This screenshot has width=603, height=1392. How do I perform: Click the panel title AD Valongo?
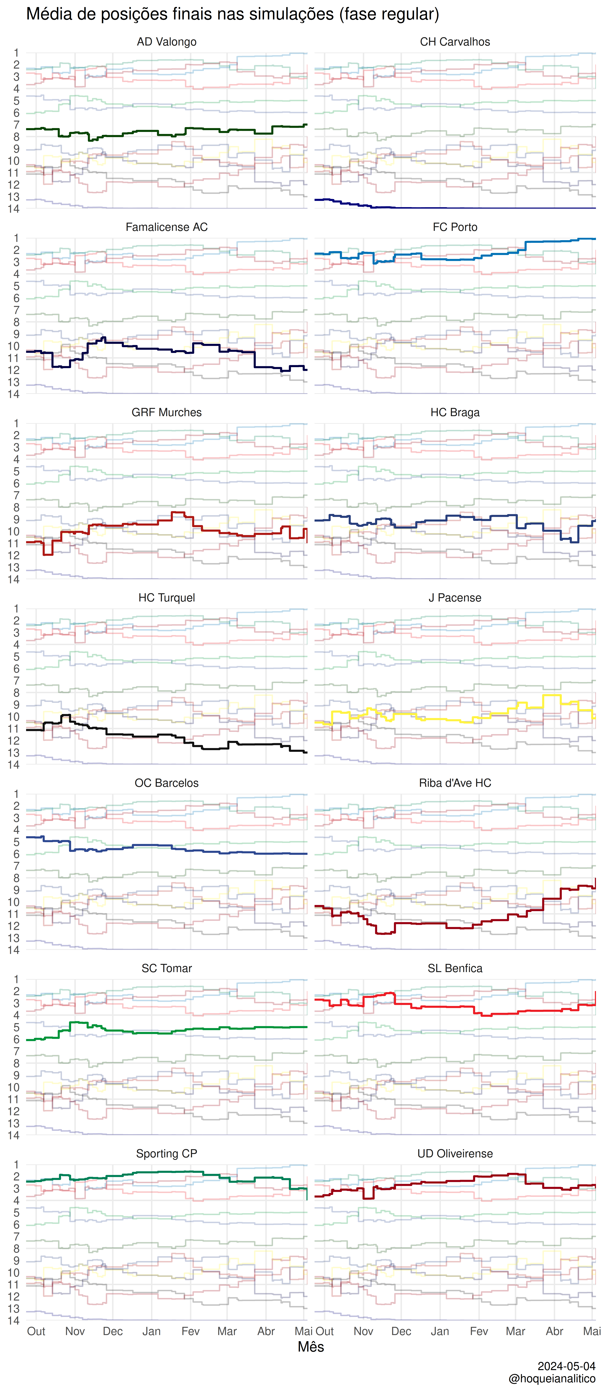pos(166,42)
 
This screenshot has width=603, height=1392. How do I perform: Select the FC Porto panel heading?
pos(455,227)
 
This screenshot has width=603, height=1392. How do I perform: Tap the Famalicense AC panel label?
pos(166,227)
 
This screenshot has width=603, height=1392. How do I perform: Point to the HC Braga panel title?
pos(455,412)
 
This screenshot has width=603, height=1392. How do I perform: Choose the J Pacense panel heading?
pos(455,598)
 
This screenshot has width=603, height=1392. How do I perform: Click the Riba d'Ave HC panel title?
pos(455,783)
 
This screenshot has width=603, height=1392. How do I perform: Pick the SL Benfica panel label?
pos(455,968)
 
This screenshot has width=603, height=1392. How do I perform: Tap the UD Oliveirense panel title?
pos(455,1154)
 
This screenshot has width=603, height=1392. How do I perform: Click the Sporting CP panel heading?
pos(166,1154)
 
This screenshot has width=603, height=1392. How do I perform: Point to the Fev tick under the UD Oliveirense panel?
pos(479,1331)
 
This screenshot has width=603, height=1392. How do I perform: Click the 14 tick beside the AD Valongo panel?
pos(13,209)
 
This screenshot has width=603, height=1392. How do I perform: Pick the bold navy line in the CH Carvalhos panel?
pos(455,208)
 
